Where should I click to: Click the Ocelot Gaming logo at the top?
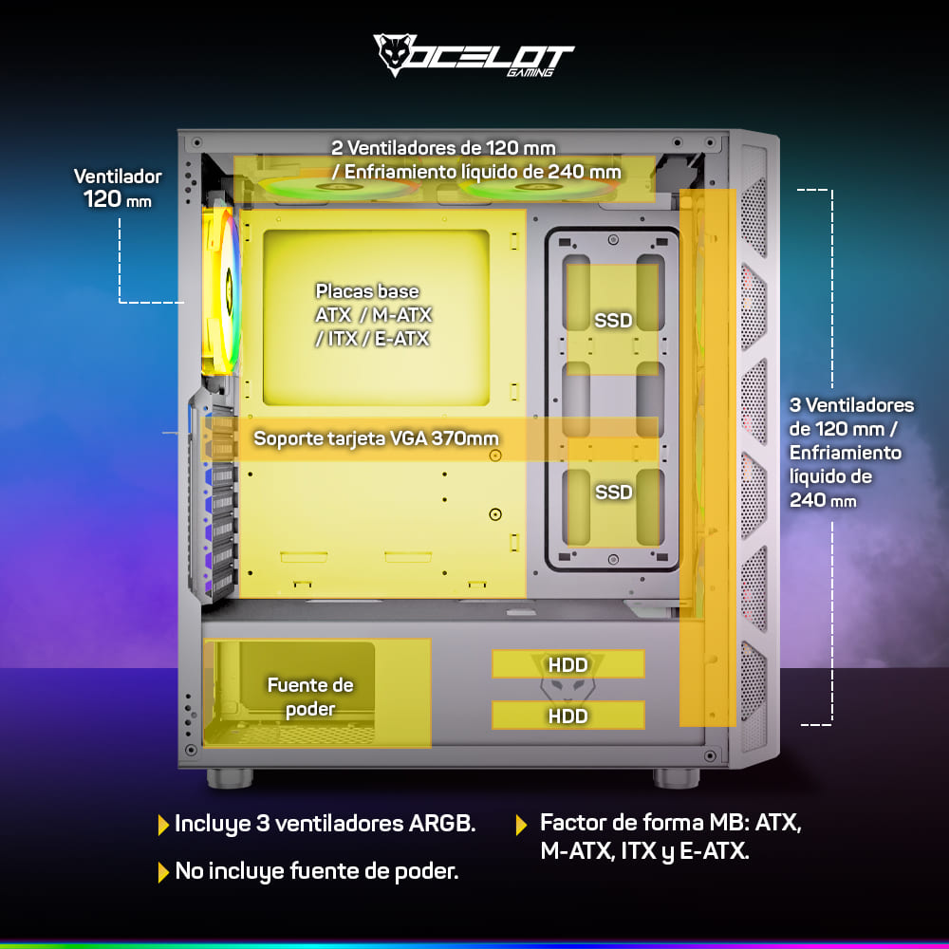474,56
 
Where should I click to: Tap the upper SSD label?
613,320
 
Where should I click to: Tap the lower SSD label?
613,492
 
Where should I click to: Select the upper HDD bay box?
568,664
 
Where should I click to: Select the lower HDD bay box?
568,716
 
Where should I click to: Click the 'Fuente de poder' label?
310,697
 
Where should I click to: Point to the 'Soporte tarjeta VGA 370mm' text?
376,438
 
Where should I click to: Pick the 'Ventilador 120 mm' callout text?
118,188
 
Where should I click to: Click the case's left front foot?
230,777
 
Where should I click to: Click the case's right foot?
677,777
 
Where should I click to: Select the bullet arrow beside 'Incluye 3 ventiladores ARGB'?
163,825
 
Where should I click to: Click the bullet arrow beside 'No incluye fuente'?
163,872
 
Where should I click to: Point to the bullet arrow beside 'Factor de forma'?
521,825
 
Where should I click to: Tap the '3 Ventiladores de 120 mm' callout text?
851,452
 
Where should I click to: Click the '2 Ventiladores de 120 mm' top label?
443,148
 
